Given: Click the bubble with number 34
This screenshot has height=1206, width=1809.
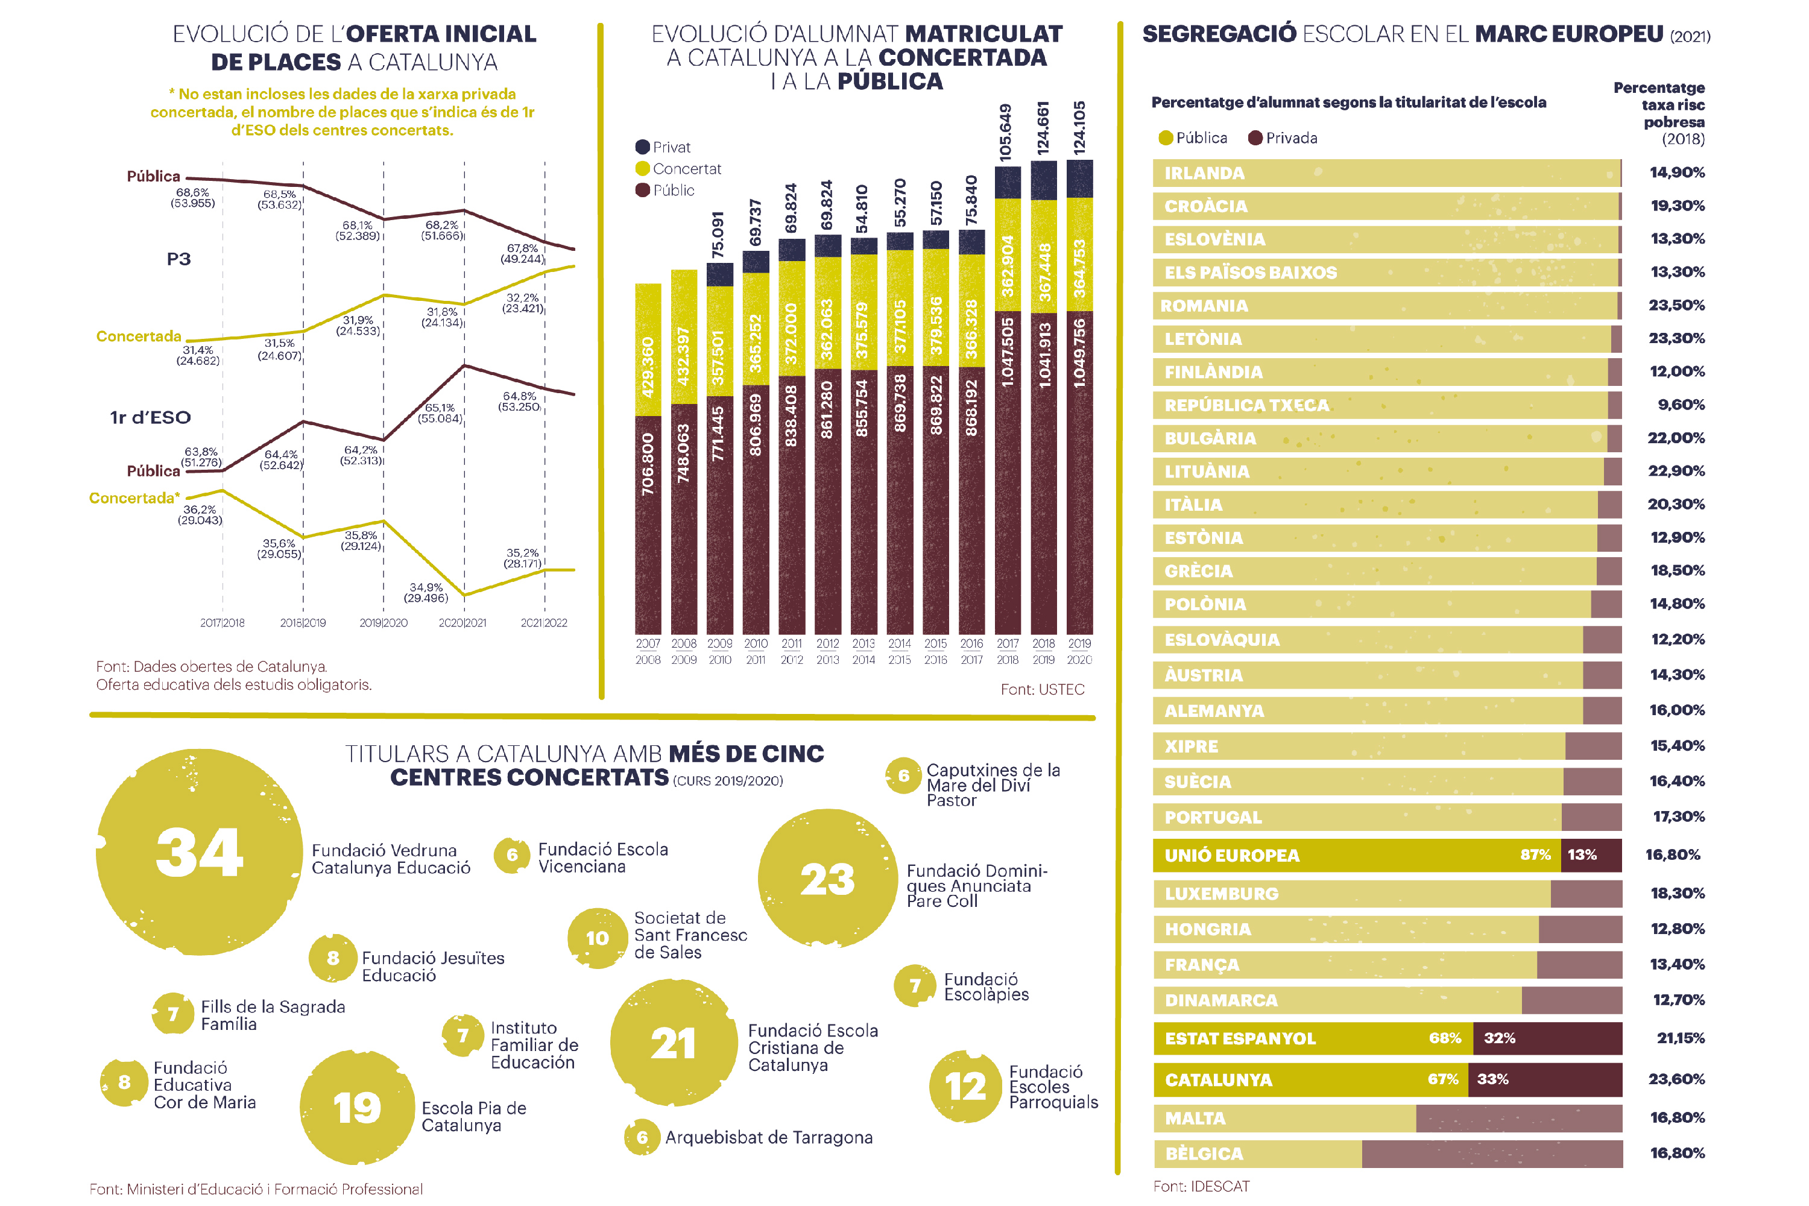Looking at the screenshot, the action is click(x=199, y=852).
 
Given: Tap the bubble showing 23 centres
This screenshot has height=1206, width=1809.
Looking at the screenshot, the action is click(x=827, y=879).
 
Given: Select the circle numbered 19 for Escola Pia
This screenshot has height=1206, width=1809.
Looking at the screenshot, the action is click(x=358, y=1108).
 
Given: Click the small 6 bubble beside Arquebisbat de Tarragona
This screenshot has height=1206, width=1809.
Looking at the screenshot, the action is click(x=642, y=1137).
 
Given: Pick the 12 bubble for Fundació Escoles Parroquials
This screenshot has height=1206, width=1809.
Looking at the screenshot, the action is click(x=965, y=1086).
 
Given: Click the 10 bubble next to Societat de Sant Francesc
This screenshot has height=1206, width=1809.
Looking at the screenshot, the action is click(x=598, y=938).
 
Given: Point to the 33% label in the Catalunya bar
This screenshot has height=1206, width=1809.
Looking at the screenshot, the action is click(x=1492, y=1079).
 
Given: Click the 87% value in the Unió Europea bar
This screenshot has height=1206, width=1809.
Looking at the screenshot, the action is click(x=1535, y=854).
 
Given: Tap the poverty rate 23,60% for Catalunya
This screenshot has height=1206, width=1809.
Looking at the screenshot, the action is click(x=1677, y=1079).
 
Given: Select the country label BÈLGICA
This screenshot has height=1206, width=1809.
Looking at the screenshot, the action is click(x=1204, y=1154).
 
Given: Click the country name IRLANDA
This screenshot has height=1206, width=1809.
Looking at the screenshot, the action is click(x=1204, y=173).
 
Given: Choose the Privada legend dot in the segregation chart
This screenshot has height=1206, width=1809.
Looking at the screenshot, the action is click(x=1255, y=137).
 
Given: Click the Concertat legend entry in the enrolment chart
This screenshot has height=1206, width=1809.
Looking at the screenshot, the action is click(x=678, y=168).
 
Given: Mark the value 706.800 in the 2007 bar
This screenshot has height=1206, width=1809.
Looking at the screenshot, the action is click(x=648, y=464).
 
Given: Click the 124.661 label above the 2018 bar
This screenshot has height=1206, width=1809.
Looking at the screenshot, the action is click(x=1043, y=128).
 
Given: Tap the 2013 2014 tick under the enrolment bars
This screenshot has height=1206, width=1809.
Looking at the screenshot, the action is click(x=863, y=651).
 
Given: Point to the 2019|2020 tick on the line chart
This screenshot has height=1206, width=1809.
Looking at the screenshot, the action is click(x=384, y=623).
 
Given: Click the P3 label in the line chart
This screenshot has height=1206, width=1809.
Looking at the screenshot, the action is click(x=178, y=259).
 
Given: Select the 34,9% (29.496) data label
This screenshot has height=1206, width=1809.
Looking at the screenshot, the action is click(x=426, y=592).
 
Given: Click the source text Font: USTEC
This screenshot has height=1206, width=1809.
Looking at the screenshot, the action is click(x=1042, y=689).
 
